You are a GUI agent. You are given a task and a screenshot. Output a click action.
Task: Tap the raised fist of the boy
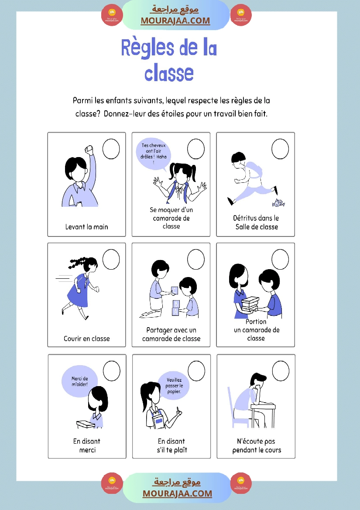pyautogui.click(x=89, y=150)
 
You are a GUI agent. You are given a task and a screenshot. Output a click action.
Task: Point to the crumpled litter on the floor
pyautogui.click(x=278, y=203)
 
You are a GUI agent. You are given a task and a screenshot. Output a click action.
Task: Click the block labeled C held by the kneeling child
pyautogui.click(x=174, y=291)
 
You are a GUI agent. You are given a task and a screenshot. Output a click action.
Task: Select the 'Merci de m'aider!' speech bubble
pyautogui.click(x=80, y=382)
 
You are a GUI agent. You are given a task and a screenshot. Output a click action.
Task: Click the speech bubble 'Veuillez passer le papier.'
pyautogui.click(x=174, y=386)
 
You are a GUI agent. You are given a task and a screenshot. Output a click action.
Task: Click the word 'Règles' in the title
pyautogui.click(x=147, y=48)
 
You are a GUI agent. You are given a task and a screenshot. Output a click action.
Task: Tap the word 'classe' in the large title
pyautogui.click(x=169, y=73)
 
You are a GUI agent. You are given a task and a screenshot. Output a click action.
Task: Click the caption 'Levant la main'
pyautogui.click(x=86, y=227)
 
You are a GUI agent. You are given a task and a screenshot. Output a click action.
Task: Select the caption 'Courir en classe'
pyautogui.click(x=87, y=339)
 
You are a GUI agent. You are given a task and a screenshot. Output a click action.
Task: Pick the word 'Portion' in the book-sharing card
pyautogui.click(x=256, y=322)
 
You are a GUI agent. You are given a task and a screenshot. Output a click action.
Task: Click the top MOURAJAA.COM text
pyautogui.click(x=175, y=21)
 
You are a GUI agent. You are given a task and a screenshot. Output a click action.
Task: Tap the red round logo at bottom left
pyautogui.click(x=112, y=483)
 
